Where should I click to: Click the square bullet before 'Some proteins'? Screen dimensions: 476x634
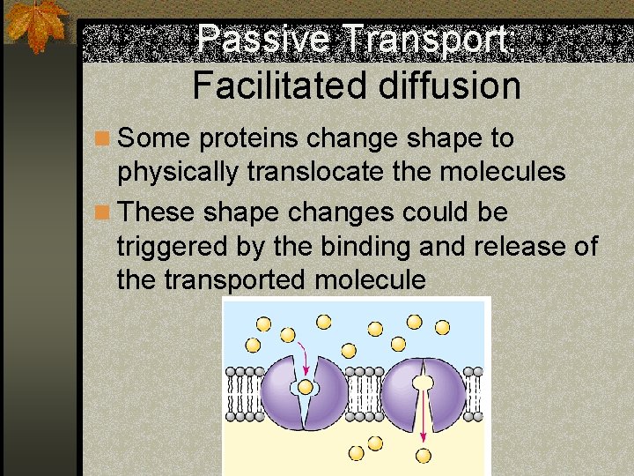[x=104, y=139]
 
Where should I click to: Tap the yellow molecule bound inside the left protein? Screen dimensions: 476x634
[x=306, y=386]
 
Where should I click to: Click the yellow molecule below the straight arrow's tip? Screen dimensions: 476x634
[x=424, y=455]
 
